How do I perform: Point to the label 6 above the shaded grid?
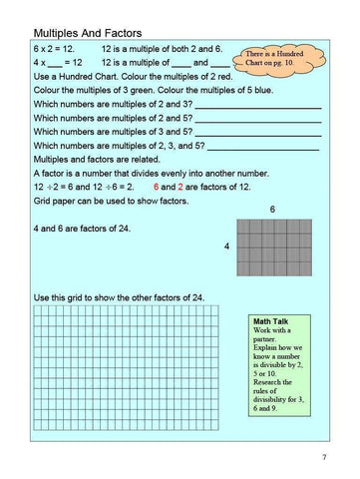[x=272, y=210]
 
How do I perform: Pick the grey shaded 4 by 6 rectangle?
[x=272, y=244]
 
